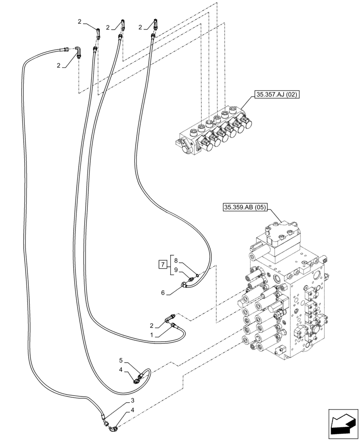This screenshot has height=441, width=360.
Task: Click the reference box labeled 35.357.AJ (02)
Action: click(x=274, y=94)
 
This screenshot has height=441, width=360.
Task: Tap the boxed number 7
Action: click(x=162, y=265)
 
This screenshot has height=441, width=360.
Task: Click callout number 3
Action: click(x=132, y=401)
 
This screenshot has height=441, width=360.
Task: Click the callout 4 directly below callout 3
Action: click(x=132, y=411)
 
